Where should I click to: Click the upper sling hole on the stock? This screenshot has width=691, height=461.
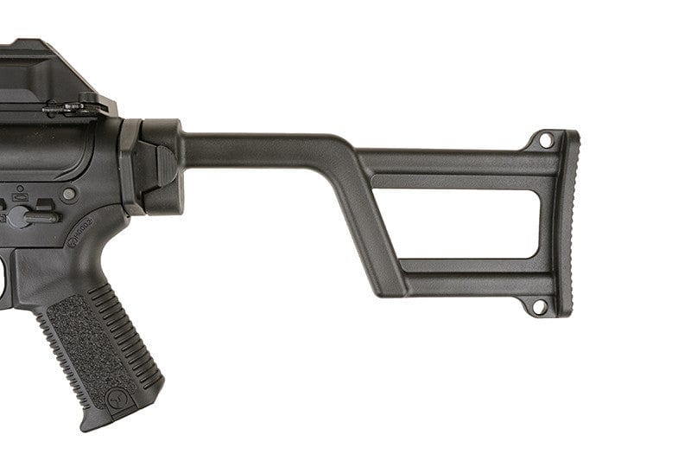pos(545,138)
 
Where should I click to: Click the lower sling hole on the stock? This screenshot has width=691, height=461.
pos(537,305)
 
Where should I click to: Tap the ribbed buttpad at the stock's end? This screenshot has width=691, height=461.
pos(567,222)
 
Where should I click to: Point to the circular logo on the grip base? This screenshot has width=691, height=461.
pos(116,400)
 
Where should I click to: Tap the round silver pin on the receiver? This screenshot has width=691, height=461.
pos(69,195)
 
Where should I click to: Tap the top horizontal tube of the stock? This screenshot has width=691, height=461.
pos(259,149)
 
